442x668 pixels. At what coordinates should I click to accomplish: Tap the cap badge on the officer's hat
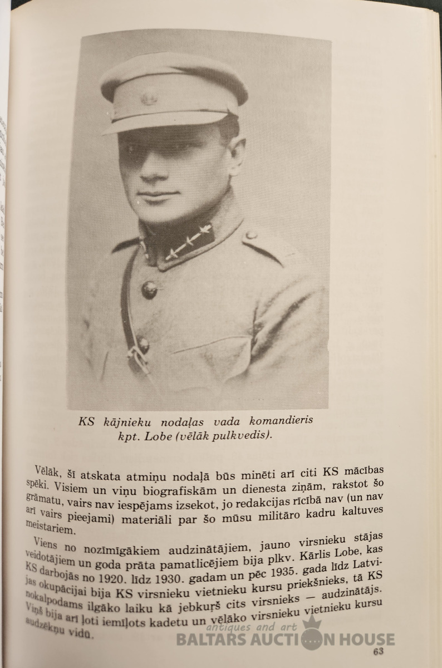click(149, 99)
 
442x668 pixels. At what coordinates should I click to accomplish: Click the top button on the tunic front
click(149, 289)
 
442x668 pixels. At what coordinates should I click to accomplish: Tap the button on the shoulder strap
click(251, 234)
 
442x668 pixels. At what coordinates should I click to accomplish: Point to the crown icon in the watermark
click(313, 623)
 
